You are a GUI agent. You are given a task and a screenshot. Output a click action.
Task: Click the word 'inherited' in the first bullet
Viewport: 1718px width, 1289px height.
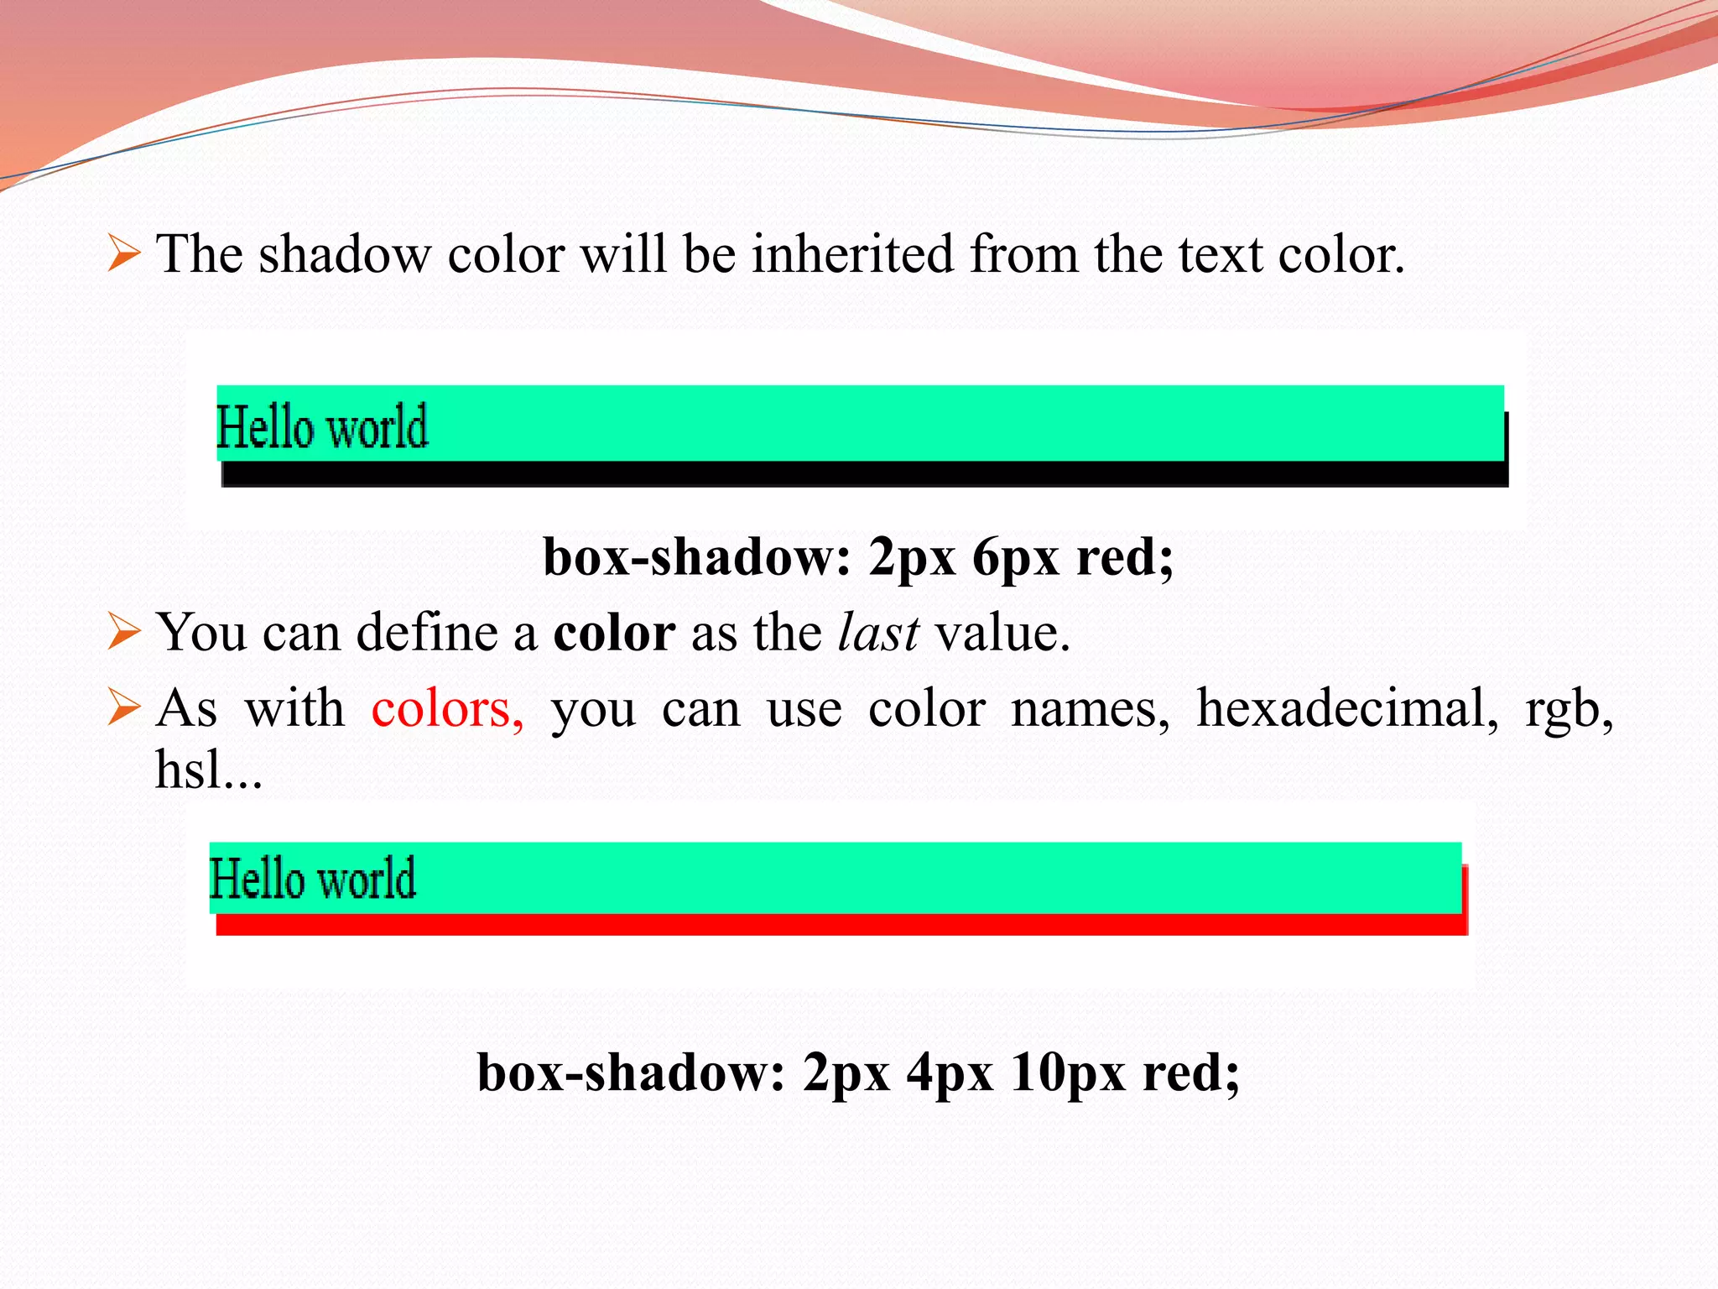click(x=851, y=254)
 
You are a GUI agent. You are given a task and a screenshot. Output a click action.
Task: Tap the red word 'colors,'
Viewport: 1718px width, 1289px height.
click(x=448, y=709)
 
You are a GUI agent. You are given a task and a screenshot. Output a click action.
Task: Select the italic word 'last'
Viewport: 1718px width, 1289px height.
click(x=878, y=633)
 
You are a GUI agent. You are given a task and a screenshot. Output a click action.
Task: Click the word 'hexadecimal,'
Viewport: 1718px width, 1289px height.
click(x=1347, y=709)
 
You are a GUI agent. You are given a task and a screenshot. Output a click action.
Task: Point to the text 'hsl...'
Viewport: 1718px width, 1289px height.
click(x=209, y=770)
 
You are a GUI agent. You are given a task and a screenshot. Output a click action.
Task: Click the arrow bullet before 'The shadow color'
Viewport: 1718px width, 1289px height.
click(x=124, y=254)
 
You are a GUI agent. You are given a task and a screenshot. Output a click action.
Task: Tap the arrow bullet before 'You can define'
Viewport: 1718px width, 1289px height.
click(x=124, y=633)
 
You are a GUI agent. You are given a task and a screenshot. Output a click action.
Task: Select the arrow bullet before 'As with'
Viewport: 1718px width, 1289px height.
click(x=124, y=709)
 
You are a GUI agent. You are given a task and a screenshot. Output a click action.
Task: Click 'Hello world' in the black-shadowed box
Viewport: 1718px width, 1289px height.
click(x=322, y=427)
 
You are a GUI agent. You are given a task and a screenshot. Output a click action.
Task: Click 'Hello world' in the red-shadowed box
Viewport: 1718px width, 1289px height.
click(x=312, y=879)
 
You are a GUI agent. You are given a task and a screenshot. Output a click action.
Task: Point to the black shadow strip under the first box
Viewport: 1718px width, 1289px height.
click(x=864, y=474)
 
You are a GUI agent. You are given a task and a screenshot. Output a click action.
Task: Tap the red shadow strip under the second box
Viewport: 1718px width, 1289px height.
click(x=839, y=924)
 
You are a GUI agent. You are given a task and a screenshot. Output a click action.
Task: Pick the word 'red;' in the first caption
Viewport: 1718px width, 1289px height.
click(x=1124, y=557)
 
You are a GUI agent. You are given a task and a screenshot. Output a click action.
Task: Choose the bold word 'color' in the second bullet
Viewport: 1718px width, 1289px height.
click(x=614, y=633)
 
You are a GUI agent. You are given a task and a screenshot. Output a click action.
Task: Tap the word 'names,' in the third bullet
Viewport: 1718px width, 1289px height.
click(x=1090, y=709)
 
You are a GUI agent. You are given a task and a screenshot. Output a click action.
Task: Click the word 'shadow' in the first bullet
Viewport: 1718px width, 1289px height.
click(x=344, y=254)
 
